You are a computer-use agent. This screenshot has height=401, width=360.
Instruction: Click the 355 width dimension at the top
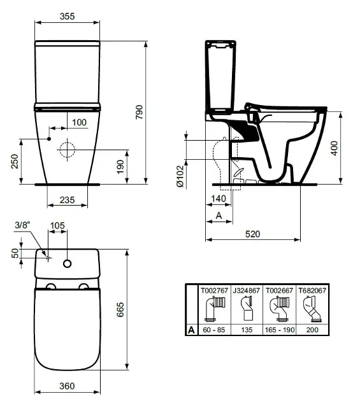tap(67, 16)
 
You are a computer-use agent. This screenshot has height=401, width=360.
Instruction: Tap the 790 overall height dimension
tap(140, 112)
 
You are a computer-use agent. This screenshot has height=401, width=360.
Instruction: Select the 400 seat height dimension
tap(335, 148)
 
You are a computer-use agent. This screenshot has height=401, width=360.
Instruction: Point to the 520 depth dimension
tap(252, 234)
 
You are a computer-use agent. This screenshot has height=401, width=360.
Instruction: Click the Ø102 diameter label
tap(180, 176)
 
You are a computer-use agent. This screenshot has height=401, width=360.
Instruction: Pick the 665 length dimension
tap(120, 309)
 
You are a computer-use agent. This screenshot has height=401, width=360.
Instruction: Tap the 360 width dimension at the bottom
tap(67, 386)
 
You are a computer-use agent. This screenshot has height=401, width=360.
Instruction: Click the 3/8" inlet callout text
tap(22, 225)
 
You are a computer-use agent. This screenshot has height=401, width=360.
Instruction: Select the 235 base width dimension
tap(67, 200)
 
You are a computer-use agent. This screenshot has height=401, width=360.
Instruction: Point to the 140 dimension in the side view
tap(219, 199)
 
